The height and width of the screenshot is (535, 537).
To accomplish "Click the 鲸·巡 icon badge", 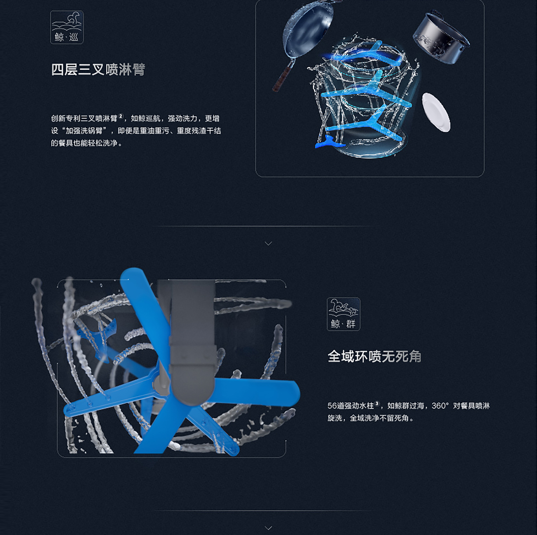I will [x=67, y=27].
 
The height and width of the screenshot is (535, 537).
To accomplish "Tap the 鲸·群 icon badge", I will [x=343, y=314].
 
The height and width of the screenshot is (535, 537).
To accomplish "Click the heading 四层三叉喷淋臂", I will [x=98, y=69].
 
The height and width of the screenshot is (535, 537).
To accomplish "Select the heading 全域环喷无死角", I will [x=375, y=356].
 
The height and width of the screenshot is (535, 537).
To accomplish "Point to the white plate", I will [x=436, y=112].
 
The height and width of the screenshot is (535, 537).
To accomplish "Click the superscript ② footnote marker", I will [x=121, y=116].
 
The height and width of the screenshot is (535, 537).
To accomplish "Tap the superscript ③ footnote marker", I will [x=377, y=403].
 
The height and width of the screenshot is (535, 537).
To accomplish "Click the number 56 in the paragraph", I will [x=332, y=406].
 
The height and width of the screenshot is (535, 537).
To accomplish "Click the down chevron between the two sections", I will [x=268, y=243].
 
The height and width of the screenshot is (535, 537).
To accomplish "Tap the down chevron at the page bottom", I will [x=268, y=528].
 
